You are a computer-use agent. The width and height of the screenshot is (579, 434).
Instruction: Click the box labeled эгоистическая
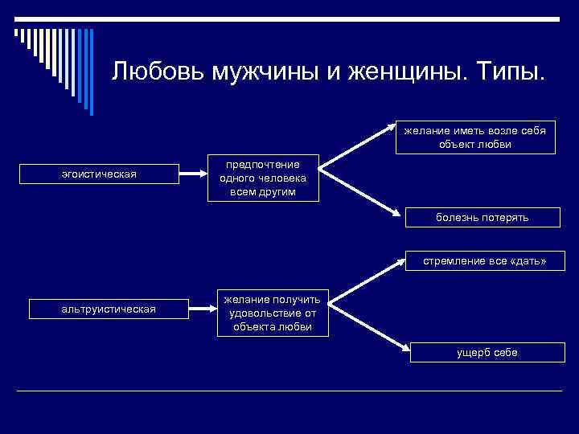(99, 174)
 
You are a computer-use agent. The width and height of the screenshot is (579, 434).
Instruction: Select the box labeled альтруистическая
(109, 309)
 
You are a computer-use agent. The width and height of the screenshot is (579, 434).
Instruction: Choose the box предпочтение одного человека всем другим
(263, 178)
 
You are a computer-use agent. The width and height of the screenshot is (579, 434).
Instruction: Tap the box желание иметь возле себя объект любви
(481, 137)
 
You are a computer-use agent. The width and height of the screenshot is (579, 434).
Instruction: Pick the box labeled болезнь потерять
(482, 217)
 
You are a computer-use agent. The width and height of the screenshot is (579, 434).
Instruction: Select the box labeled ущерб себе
(487, 352)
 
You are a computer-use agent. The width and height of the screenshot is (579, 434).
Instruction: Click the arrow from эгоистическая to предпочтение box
(191, 173)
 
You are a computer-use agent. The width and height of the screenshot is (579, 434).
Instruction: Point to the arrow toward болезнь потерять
(361, 190)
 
